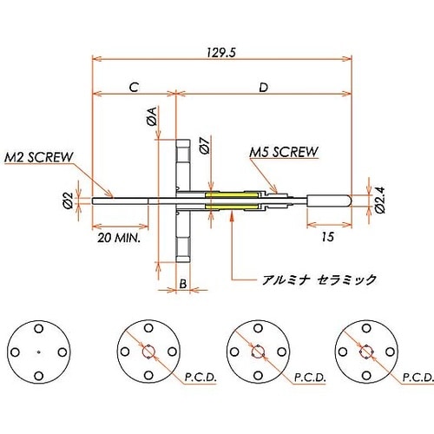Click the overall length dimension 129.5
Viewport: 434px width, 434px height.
click(221, 52)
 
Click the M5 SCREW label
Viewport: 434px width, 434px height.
click(283, 151)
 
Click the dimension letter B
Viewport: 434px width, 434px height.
click(183, 284)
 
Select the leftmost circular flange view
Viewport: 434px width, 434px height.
click(39, 352)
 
